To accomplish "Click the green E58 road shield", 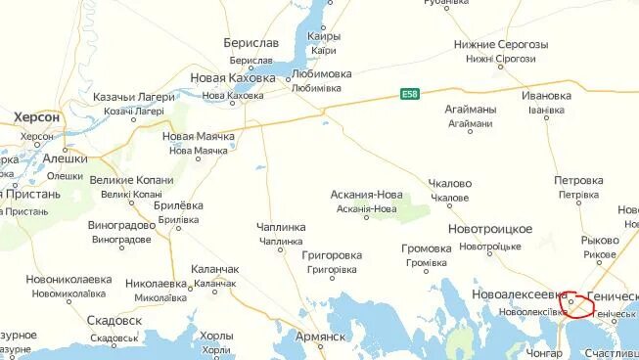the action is (x=410, y=94).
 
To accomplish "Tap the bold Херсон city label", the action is (x=37, y=117).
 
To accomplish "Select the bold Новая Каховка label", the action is (x=233, y=78).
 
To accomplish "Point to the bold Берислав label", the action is (x=251, y=43).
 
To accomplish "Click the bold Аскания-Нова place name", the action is (x=367, y=194).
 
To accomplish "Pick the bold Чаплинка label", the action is (x=281, y=227).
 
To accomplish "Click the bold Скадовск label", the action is (x=114, y=321).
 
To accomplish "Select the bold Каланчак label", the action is (x=215, y=269).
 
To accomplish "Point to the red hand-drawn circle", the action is (x=577, y=306).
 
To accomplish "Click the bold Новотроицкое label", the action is (x=490, y=229).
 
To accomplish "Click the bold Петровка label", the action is (x=578, y=181).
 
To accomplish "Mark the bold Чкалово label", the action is (x=450, y=183).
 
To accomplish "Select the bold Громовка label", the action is (x=427, y=248).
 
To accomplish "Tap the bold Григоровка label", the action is (x=332, y=255).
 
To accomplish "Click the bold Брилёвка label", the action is (x=179, y=206).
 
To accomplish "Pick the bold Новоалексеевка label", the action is (x=519, y=294).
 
